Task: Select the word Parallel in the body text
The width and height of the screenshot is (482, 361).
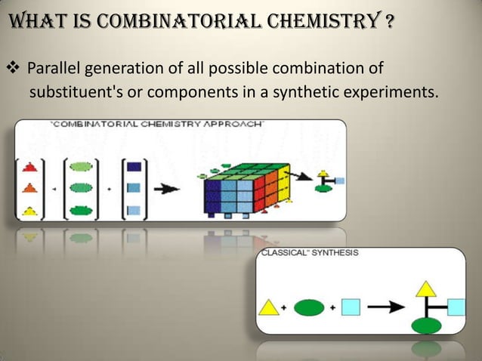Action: click(54, 71)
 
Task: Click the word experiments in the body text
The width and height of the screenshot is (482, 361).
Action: click(396, 93)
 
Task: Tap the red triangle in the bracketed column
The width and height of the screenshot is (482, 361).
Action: click(29, 165)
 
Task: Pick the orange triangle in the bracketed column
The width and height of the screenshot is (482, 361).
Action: click(29, 188)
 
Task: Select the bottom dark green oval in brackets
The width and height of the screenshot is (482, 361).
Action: click(79, 211)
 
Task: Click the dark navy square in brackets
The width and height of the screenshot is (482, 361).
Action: click(133, 166)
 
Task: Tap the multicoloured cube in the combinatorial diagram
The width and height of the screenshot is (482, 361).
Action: click(245, 189)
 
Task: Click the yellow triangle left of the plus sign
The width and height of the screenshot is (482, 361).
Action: click(270, 307)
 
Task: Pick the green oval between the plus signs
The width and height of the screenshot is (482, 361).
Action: click(308, 307)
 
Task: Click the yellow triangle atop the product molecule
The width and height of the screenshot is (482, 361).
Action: click(427, 287)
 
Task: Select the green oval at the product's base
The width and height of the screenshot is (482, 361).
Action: click(427, 326)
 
